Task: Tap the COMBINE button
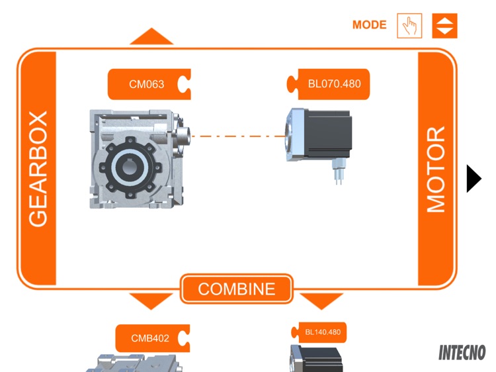pyautogui.click(x=237, y=289)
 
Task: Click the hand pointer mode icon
pyautogui.click(x=409, y=26)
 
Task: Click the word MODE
pyautogui.click(x=369, y=25)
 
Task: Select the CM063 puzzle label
pyautogui.click(x=147, y=84)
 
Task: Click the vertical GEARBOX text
pyautogui.click(x=38, y=169)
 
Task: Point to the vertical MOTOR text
pyautogui.click(x=436, y=169)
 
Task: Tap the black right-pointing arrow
pyautogui.click(x=474, y=178)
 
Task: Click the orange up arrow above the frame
pyautogui.click(x=151, y=37)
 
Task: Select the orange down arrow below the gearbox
pyautogui.click(x=151, y=301)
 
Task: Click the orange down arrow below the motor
pyautogui.click(x=322, y=301)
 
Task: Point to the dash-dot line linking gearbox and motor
pyautogui.click(x=238, y=137)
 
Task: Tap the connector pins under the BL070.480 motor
pyautogui.click(x=338, y=175)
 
